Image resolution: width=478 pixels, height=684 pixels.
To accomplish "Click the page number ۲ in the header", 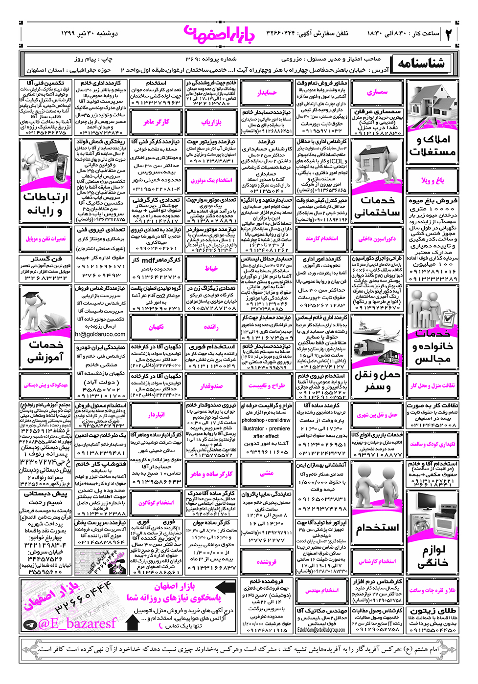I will (x=448, y=34).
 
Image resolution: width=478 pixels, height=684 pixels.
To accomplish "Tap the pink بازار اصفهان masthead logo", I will (x=220, y=34).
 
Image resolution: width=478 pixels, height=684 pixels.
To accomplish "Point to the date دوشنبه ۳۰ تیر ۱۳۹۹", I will (x=90, y=34).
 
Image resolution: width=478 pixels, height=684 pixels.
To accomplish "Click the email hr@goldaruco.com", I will (x=100, y=335).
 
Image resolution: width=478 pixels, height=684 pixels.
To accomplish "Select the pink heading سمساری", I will (x=377, y=92).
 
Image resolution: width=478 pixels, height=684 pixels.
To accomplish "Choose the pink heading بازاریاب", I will (x=211, y=122).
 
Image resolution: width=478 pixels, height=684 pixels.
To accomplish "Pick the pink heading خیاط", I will (x=211, y=268).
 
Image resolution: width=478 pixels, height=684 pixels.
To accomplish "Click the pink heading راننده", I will (x=211, y=327).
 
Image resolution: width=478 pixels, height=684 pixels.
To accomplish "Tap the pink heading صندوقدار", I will (x=211, y=386).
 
